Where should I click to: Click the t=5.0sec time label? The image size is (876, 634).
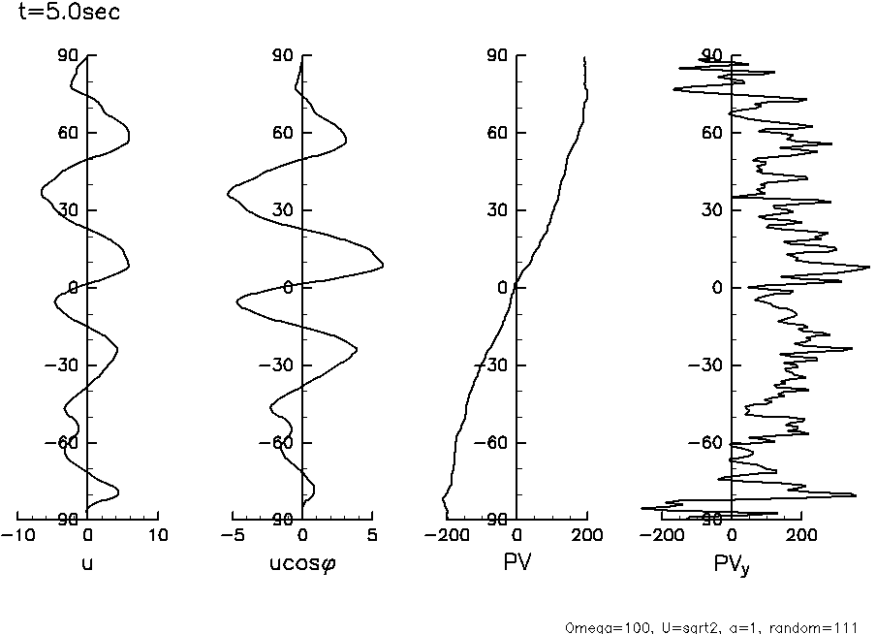(x=63, y=15)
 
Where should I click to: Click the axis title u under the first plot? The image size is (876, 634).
(x=87, y=560)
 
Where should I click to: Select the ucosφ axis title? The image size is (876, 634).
(x=302, y=561)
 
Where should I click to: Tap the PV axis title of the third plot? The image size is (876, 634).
(x=516, y=560)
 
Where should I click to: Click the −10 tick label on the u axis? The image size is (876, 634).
(x=16, y=535)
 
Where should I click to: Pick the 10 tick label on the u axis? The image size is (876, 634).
(x=158, y=535)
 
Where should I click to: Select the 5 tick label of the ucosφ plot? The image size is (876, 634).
(x=372, y=535)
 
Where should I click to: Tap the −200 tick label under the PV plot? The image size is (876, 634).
(x=445, y=535)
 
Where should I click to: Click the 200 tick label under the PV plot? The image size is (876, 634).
(x=586, y=535)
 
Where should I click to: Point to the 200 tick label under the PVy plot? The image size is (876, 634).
(x=800, y=535)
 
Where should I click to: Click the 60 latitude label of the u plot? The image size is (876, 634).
(x=65, y=133)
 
